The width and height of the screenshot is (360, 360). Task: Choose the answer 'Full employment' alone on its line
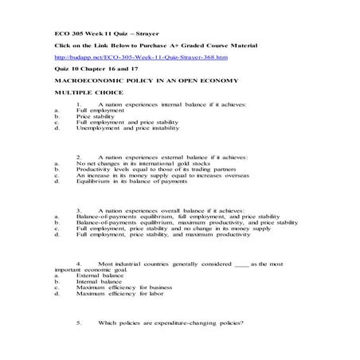(99, 111)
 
